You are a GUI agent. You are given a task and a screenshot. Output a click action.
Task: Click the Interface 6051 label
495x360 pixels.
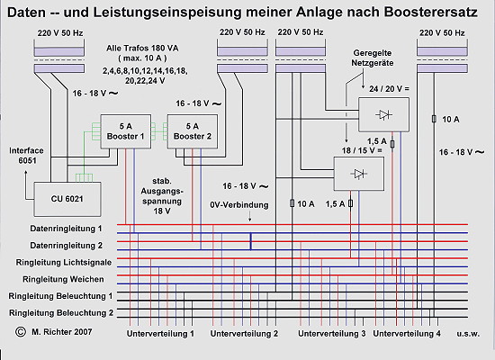[x=26, y=156]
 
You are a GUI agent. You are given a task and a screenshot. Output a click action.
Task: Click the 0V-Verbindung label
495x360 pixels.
[x=239, y=205]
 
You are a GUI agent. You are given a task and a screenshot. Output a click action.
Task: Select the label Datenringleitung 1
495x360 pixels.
[x=66, y=229]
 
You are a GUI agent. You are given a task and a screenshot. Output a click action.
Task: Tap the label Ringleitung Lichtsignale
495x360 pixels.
[x=64, y=263]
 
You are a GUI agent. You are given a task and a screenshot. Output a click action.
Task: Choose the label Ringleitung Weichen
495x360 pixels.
[x=63, y=279]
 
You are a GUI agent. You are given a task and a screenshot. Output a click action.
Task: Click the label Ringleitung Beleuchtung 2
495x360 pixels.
[x=61, y=313]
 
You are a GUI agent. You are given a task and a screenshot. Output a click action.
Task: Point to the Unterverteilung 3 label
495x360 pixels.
[x=332, y=334]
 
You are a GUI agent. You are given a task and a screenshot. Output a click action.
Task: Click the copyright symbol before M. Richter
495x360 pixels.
[x=21, y=331]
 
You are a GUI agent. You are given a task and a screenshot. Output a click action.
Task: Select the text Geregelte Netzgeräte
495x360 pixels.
[x=373, y=58]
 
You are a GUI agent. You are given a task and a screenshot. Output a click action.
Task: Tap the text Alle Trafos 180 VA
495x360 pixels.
[x=142, y=49]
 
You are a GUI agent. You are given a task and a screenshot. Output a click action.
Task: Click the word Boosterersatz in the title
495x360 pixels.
[x=431, y=13]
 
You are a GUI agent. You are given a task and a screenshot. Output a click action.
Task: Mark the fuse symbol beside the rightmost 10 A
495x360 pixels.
[x=434, y=119]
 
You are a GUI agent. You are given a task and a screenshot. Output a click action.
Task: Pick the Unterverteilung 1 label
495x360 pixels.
[x=160, y=334]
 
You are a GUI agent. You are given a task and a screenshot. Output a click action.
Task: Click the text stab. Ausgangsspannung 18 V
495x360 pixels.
[x=162, y=196]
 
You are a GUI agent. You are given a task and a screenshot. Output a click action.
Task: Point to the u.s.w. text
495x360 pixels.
[x=468, y=334]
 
